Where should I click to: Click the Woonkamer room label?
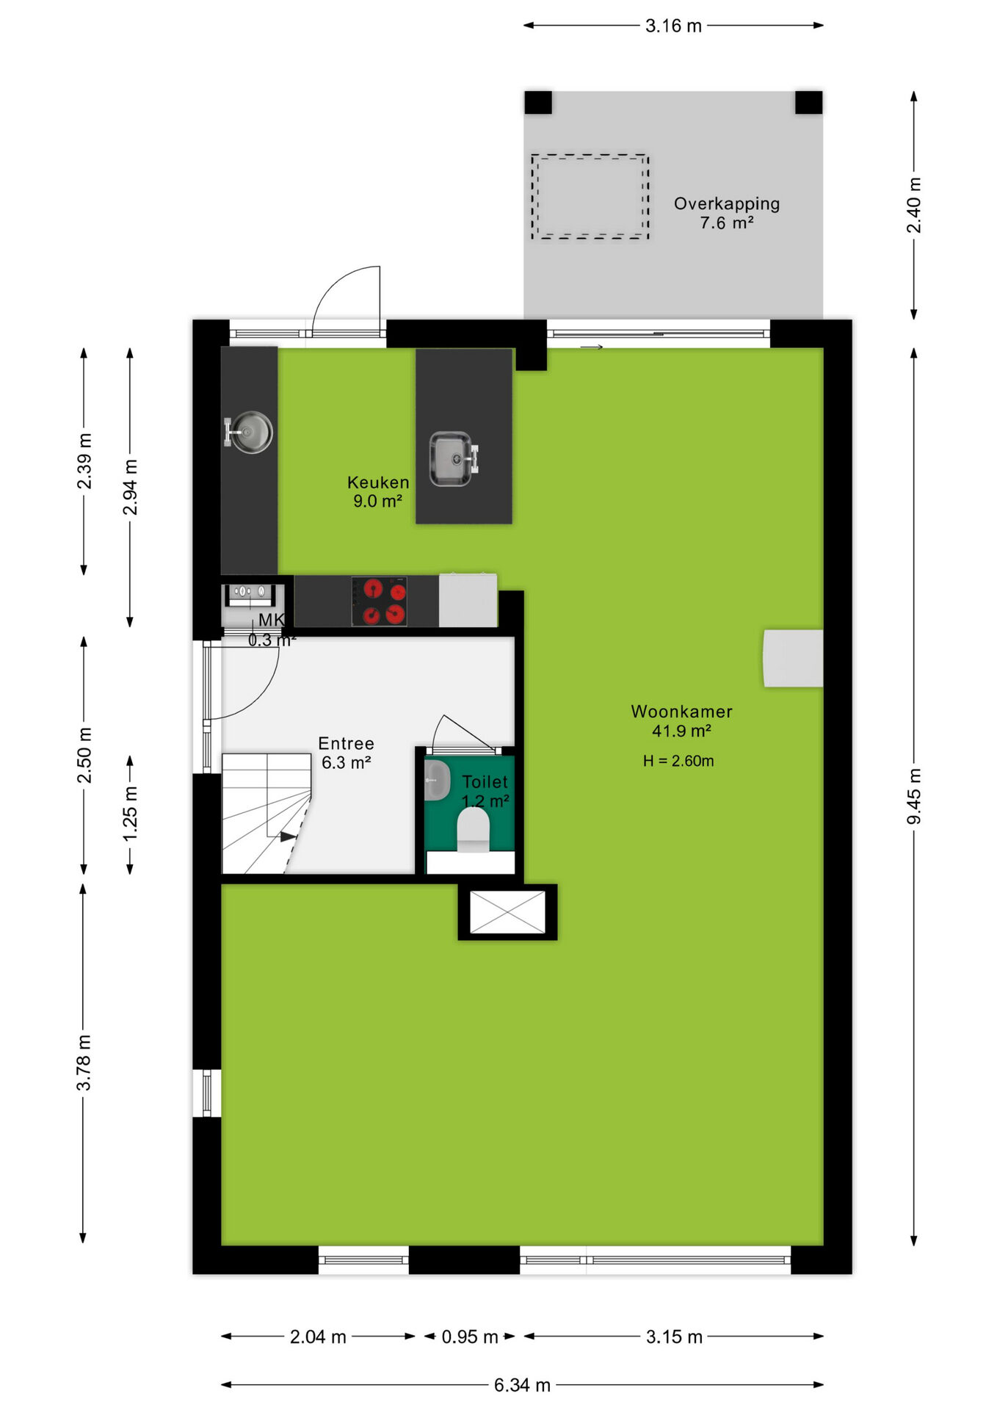click(x=681, y=712)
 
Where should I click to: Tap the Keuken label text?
click(x=378, y=482)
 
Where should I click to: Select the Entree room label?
click(x=346, y=743)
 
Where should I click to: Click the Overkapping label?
click(x=727, y=204)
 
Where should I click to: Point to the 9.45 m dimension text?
click(x=914, y=796)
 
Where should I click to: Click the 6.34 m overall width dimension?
click(x=522, y=1385)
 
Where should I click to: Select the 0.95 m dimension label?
click(x=470, y=1337)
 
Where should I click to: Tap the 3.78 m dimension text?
click(x=84, y=1063)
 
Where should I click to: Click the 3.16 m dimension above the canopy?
click(x=673, y=26)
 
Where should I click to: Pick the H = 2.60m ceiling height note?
click(x=678, y=761)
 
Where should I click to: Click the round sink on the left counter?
click(x=249, y=432)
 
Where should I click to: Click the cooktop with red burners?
click(x=379, y=601)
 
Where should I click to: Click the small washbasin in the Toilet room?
click(x=438, y=780)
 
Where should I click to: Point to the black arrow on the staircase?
click(x=289, y=836)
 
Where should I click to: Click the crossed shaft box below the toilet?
click(x=507, y=912)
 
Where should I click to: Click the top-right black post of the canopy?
click(x=809, y=102)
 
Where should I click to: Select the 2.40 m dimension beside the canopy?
click(x=914, y=205)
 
